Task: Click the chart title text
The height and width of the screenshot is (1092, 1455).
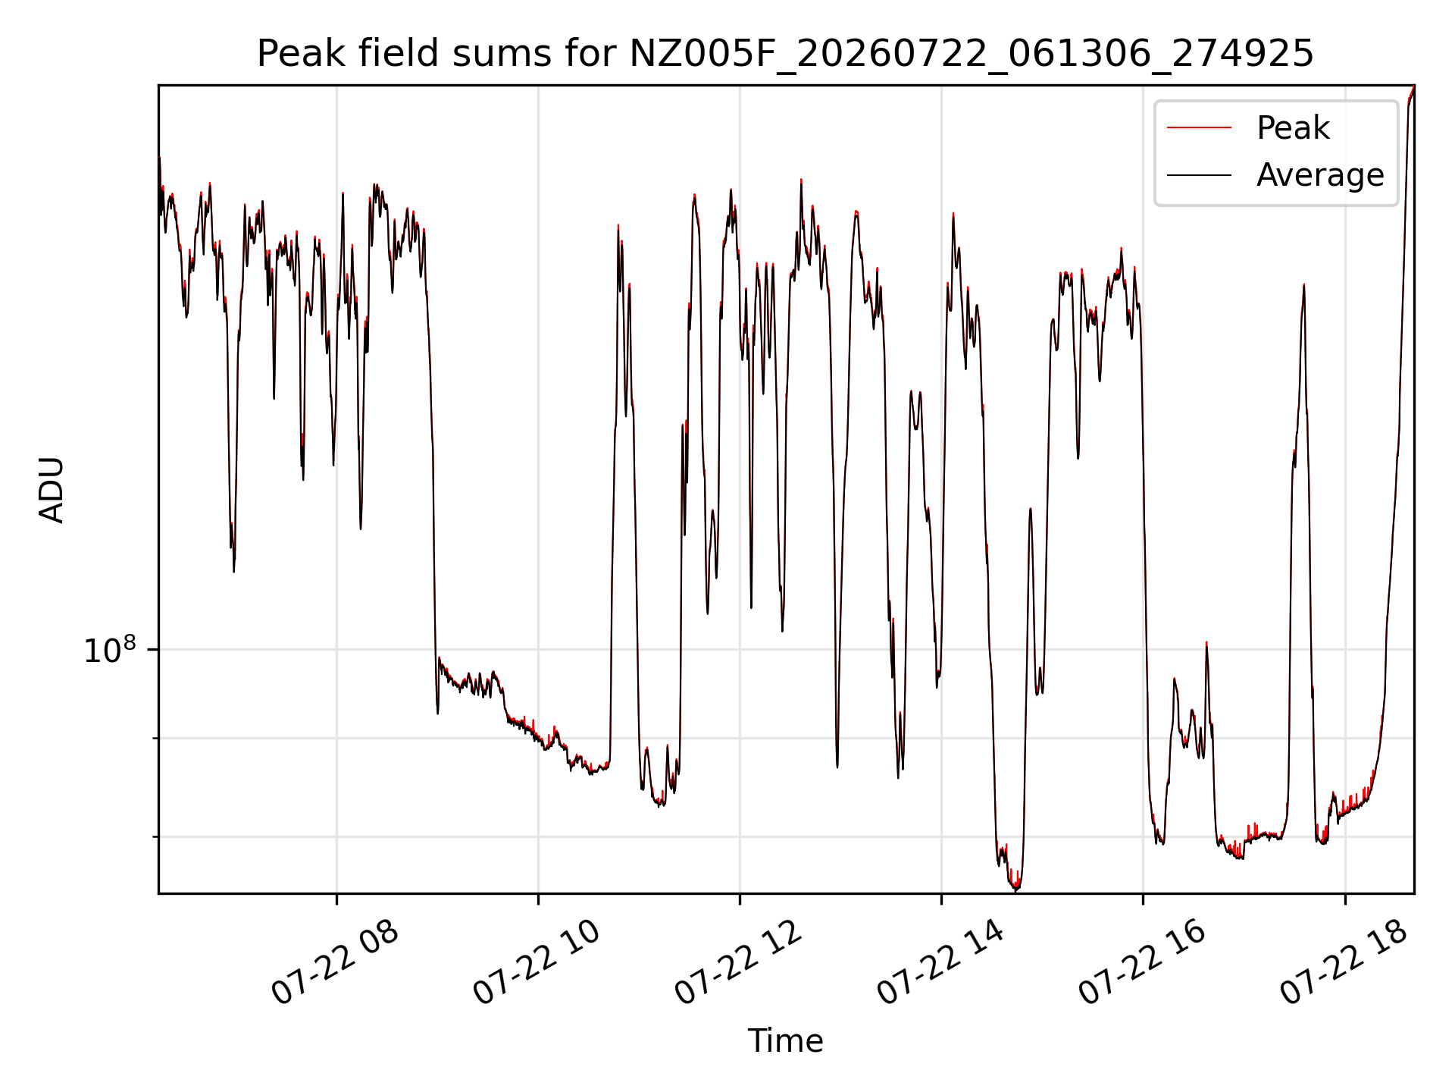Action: click(785, 54)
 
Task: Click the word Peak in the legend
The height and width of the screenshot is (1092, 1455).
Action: click(1292, 127)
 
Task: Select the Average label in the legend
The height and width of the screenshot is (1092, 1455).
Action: click(1319, 175)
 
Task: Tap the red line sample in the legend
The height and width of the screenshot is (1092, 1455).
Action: click(1199, 127)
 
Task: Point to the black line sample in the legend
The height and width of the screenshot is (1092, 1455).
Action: click(1199, 175)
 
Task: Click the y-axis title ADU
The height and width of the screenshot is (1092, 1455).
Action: click(52, 490)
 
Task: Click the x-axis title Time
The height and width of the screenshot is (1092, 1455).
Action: click(785, 1040)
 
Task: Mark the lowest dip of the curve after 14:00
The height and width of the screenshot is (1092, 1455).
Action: click(1016, 890)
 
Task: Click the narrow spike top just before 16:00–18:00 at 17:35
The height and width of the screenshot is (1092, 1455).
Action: click(1303, 285)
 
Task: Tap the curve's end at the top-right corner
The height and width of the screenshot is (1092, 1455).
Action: click(1413, 86)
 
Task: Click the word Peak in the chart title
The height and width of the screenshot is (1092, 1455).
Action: click(293, 54)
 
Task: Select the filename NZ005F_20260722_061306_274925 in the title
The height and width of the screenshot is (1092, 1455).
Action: click(972, 55)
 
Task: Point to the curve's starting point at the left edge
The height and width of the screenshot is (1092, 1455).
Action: click(159, 158)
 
